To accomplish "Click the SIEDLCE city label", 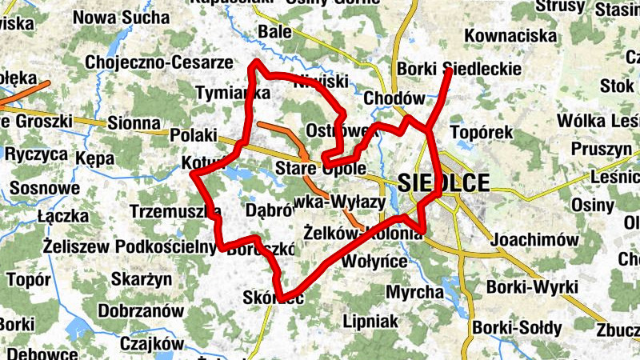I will pos(442,182).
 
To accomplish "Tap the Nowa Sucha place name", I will pos(122,18).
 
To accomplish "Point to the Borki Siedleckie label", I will pos(458,70).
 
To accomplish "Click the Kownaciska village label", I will pos(510,36).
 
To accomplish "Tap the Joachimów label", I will pos(534,239).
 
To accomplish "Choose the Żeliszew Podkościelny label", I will pos(125,246).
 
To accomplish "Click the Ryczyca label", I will pos(36,155).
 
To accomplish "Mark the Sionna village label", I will pos(134,122).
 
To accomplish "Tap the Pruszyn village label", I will pos(602,149).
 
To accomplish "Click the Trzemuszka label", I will pos(176,212).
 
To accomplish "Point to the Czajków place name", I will pos(151,343).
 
